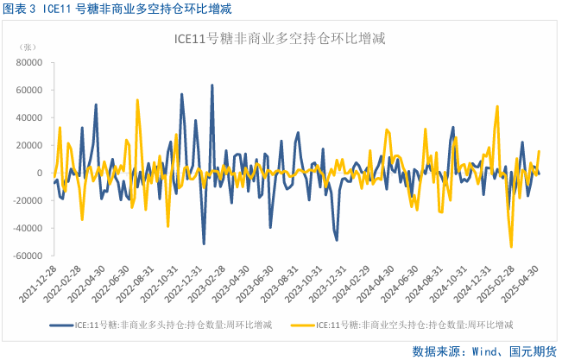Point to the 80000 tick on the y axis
pos(29,62)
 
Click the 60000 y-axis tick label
pos(29,90)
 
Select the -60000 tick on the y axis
pos(28,256)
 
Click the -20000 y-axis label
pos(28,200)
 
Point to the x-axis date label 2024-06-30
pos(401,282)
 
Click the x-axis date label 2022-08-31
pos(129,282)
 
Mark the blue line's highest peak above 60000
pos(212,85)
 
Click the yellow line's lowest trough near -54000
pos(511,247)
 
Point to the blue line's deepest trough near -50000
pos(204,243)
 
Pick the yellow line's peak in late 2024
pos(497,106)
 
